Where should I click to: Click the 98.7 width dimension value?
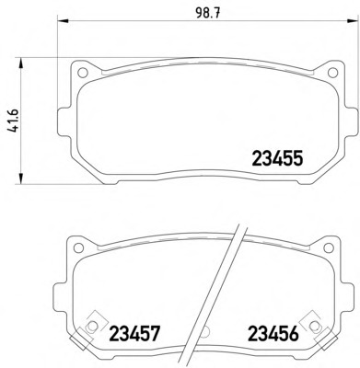[208, 14]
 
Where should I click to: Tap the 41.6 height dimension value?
[13, 121]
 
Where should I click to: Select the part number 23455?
[277, 158]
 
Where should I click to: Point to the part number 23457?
[134, 333]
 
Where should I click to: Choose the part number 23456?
[273, 333]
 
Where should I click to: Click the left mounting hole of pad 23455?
[82, 73]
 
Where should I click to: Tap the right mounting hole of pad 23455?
[333, 73]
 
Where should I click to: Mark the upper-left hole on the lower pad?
[79, 247]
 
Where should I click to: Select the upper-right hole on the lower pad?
[329, 247]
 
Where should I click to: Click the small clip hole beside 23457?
[91, 326]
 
